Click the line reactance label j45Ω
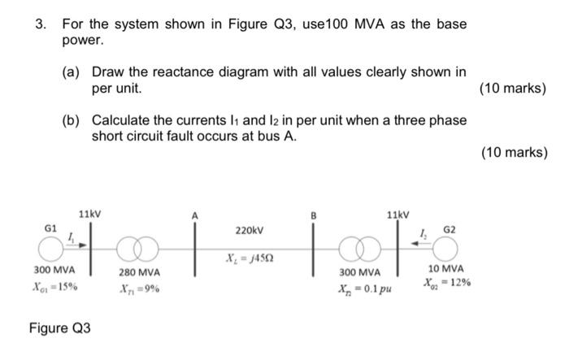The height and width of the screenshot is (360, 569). (x=252, y=258)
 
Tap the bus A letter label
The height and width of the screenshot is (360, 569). (x=193, y=215)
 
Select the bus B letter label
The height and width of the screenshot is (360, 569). (x=314, y=216)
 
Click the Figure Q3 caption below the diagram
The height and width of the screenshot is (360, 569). (x=60, y=328)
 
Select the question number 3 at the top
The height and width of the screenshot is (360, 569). (x=39, y=24)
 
